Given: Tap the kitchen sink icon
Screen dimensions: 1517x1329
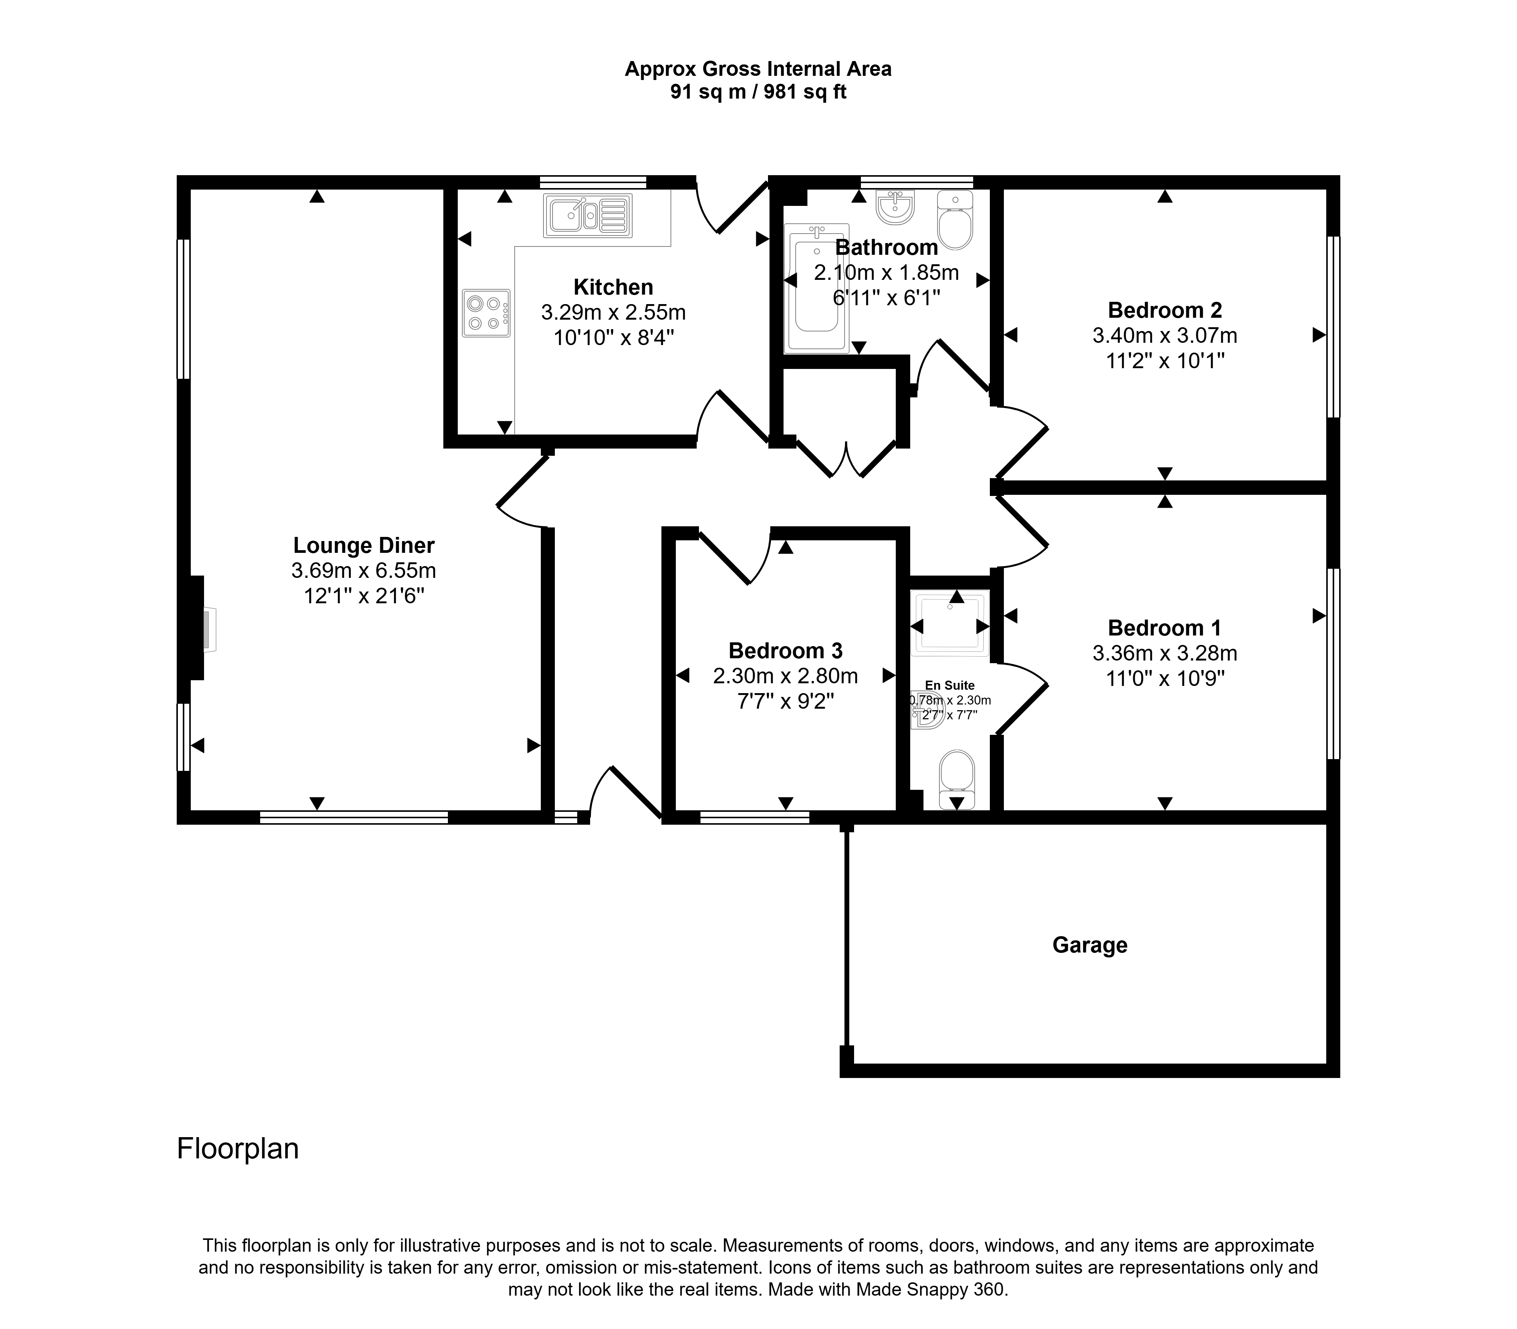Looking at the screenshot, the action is click(x=587, y=216).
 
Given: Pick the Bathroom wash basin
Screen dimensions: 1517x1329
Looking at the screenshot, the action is click(x=895, y=207).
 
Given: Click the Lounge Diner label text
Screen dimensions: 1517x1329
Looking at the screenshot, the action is click(x=363, y=545).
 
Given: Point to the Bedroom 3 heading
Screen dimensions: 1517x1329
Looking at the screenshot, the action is click(x=785, y=650).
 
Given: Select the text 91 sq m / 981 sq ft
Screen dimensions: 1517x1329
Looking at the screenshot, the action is click(x=758, y=92).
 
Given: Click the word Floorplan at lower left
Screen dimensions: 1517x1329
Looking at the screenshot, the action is click(x=237, y=1149).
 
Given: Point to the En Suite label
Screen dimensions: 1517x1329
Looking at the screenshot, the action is click(x=950, y=685).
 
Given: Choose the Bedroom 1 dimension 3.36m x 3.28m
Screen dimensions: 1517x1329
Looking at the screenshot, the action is click(x=1165, y=653).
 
